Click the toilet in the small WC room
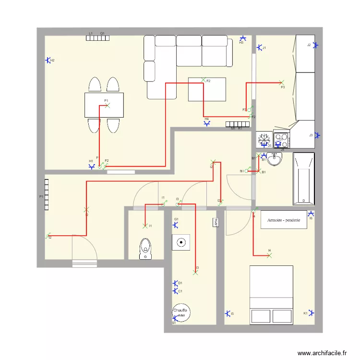pyautogui.click(x=144, y=249)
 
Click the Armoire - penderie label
pyautogui.click(x=284, y=220)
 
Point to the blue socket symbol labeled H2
pyautogui.click(x=48, y=60)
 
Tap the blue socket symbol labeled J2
pyautogui.click(x=315, y=45)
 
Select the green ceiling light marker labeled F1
pyautogui.click(x=107, y=105)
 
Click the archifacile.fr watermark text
pyautogui.click(x=322, y=353)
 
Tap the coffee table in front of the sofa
pyautogui.click(x=207, y=89)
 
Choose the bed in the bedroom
pyautogui.click(x=271, y=294)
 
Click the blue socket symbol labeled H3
pyautogui.click(x=243, y=38)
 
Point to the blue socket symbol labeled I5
pyautogui.click(x=228, y=313)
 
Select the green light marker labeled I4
pyautogui.click(x=269, y=255)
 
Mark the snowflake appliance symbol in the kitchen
pyautogui.click(x=264, y=139)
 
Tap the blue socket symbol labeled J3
pyautogui.click(x=315, y=135)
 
